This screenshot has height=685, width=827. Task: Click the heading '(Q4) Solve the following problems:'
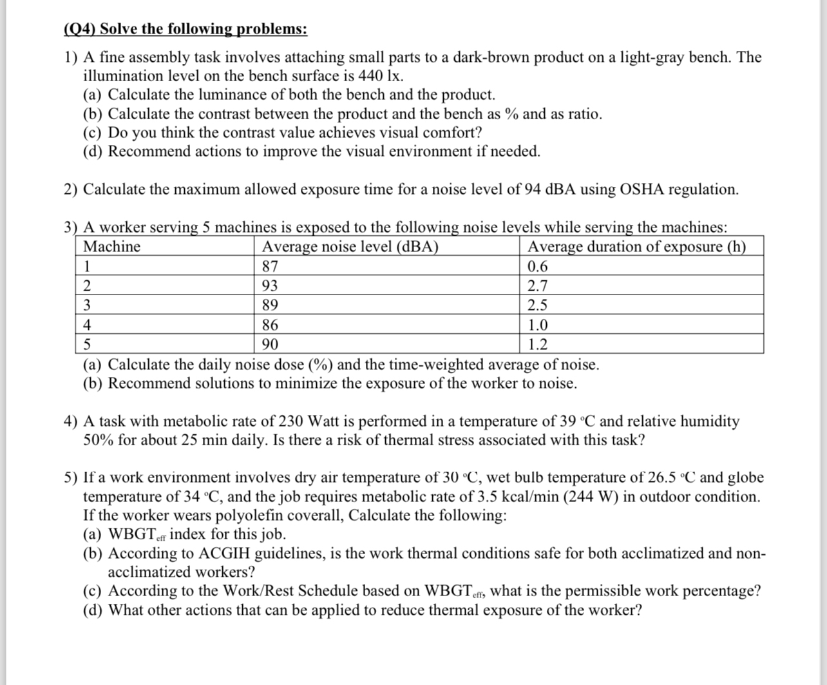coord(185,29)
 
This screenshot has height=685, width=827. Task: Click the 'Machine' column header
coord(112,247)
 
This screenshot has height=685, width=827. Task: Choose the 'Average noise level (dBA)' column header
coord(350,247)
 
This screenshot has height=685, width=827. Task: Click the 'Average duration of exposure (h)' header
coord(636,247)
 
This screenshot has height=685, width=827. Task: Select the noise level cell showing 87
coord(270,267)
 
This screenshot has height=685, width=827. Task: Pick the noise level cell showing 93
coord(270,286)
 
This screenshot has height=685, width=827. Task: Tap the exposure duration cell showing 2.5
coord(538,305)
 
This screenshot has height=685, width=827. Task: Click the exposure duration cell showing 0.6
coord(538,267)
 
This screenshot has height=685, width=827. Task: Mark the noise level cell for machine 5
coord(270,344)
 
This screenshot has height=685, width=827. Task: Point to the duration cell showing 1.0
coord(538,325)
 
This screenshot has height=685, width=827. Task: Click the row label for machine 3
coord(88,305)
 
